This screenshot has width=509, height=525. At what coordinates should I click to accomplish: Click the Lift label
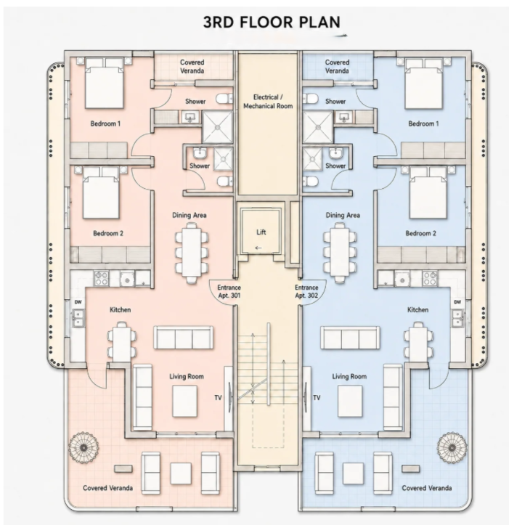(261, 232)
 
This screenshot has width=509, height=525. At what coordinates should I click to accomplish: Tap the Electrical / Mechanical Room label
(268, 102)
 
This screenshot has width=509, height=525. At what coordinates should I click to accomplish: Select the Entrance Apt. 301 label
(229, 292)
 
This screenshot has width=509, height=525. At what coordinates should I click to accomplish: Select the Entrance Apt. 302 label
(306, 292)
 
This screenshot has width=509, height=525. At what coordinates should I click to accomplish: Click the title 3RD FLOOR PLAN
(272, 22)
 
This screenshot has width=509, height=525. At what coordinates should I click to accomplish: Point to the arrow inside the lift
(258, 248)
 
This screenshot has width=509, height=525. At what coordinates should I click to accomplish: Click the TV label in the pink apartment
(218, 398)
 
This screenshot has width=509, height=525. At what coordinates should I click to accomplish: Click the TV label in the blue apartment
(317, 398)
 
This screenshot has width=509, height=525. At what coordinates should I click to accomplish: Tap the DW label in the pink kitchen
(78, 302)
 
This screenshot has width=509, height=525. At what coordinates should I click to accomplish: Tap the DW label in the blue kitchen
(457, 302)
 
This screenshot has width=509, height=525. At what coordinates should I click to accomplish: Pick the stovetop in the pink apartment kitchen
(101, 278)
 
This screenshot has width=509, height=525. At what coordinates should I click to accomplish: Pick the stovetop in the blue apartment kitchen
(430, 278)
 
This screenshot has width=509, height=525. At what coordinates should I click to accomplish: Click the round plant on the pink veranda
(84, 447)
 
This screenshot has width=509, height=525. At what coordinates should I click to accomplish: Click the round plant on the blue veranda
(452, 447)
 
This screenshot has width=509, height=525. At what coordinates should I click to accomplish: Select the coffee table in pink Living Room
(185, 401)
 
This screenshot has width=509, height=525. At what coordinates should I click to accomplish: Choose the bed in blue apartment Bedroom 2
(428, 193)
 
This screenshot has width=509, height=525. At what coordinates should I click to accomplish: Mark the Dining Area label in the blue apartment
(343, 215)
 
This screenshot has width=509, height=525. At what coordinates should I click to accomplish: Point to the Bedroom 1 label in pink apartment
(105, 123)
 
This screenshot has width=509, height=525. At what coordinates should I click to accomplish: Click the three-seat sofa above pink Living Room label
(184, 338)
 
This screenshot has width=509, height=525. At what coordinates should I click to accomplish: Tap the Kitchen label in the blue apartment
(418, 310)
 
